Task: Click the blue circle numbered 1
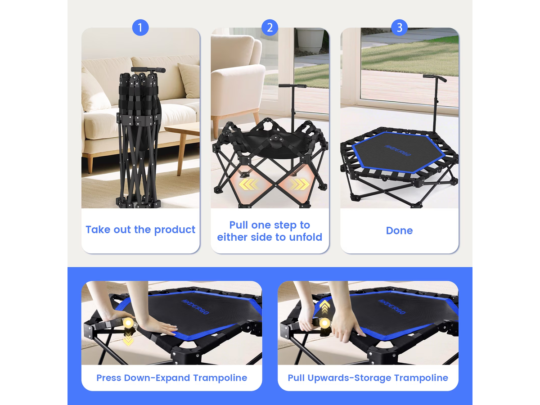(140, 27)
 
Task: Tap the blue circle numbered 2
(270, 27)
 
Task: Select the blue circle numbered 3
(399, 27)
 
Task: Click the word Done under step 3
(399, 230)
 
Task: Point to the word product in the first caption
(175, 230)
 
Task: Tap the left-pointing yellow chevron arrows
(249, 184)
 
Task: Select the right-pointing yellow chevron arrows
(299, 184)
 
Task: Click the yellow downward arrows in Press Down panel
(128, 338)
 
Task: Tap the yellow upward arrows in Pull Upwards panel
(325, 307)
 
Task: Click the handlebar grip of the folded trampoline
(148, 70)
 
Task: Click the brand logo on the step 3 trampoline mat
(397, 150)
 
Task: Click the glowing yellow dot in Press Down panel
(128, 323)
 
